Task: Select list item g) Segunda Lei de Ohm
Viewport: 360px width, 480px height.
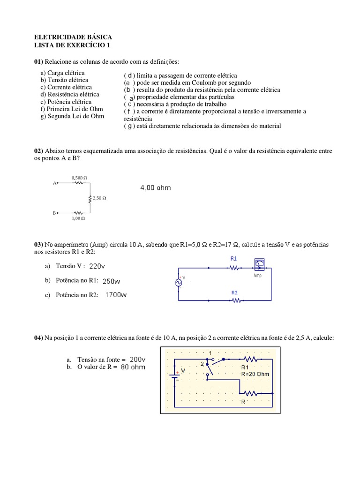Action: point(72,116)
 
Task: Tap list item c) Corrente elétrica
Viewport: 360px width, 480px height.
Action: point(66,87)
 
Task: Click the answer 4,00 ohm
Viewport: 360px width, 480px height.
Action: point(156,188)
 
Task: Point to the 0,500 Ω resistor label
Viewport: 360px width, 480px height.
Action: point(79,178)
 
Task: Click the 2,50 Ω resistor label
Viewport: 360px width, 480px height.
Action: point(99,198)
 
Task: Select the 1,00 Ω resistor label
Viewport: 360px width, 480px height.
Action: point(78,218)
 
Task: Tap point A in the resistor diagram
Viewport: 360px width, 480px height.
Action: point(56,183)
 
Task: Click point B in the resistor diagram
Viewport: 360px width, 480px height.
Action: point(56,213)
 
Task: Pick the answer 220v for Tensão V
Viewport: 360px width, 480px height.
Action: point(97,266)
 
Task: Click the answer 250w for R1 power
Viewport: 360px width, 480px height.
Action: point(112,281)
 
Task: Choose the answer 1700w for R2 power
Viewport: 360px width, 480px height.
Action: point(116,295)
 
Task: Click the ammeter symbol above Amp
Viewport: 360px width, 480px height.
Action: point(258,264)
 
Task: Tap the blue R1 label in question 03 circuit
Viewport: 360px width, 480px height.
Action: point(234,258)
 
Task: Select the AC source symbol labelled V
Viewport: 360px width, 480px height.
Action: point(178,282)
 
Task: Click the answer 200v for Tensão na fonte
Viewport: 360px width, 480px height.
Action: point(138,359)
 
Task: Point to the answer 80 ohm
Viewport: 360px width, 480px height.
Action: point(133,367)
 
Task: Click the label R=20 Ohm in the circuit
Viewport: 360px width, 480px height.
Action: point(255,375)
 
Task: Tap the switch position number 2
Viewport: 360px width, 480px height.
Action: point(202,363)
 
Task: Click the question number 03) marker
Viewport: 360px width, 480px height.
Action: point(38,245)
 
